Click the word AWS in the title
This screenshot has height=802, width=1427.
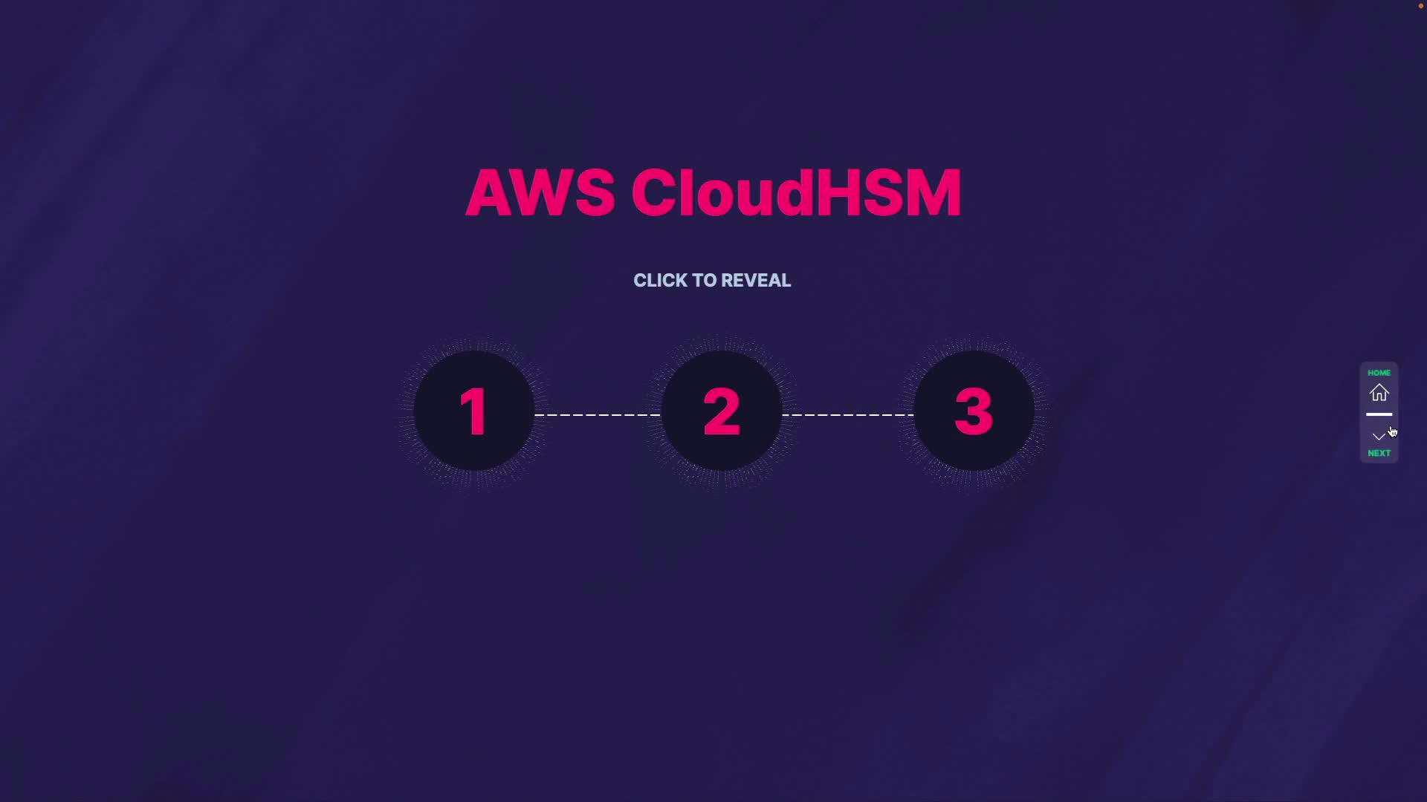coord(540,193)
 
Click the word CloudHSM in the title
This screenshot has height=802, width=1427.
coord(796,193)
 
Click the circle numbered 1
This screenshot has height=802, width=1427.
coord(474,411)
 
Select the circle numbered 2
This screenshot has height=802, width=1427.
coord(722,411)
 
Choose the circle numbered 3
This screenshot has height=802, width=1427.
coord(974,411)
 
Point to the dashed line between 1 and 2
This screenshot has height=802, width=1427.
coord(598,414)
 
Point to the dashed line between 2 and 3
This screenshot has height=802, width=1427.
coord(848,414)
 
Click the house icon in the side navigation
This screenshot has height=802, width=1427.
coord(1379,393)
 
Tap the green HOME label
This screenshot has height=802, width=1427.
coord(1379,373)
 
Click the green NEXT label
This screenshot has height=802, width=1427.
coord(1379,453)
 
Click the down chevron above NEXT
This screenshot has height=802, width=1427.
coord(1379,436)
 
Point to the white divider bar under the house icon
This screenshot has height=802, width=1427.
coord(1379,414)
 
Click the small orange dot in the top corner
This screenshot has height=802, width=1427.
coord(1421,6)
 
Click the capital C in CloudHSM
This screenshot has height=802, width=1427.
coord(656,193)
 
